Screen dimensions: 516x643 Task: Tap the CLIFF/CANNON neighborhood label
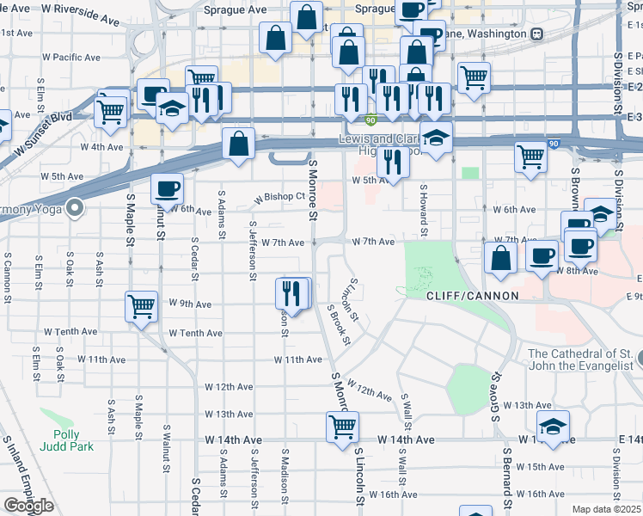pos(473,295)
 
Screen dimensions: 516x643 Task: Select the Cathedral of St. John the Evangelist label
pos(582,359)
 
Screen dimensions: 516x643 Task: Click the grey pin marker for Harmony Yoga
pos(75,206)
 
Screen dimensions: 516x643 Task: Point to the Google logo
pos(28,505)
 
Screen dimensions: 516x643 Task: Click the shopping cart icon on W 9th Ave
pos(141,305)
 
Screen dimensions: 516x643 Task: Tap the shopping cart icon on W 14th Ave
pos(342,426)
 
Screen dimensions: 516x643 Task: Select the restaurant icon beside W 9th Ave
pos(292,293)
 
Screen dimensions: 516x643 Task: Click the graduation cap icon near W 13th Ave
pos(553,426)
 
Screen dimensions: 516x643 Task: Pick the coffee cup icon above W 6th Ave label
pos(167,187)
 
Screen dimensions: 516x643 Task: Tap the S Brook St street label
pos(340,324)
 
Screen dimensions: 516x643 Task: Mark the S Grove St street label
pos(496,391)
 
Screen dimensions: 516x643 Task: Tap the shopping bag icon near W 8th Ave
pos(500,258)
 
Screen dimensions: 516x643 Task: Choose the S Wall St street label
pos(402,416)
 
